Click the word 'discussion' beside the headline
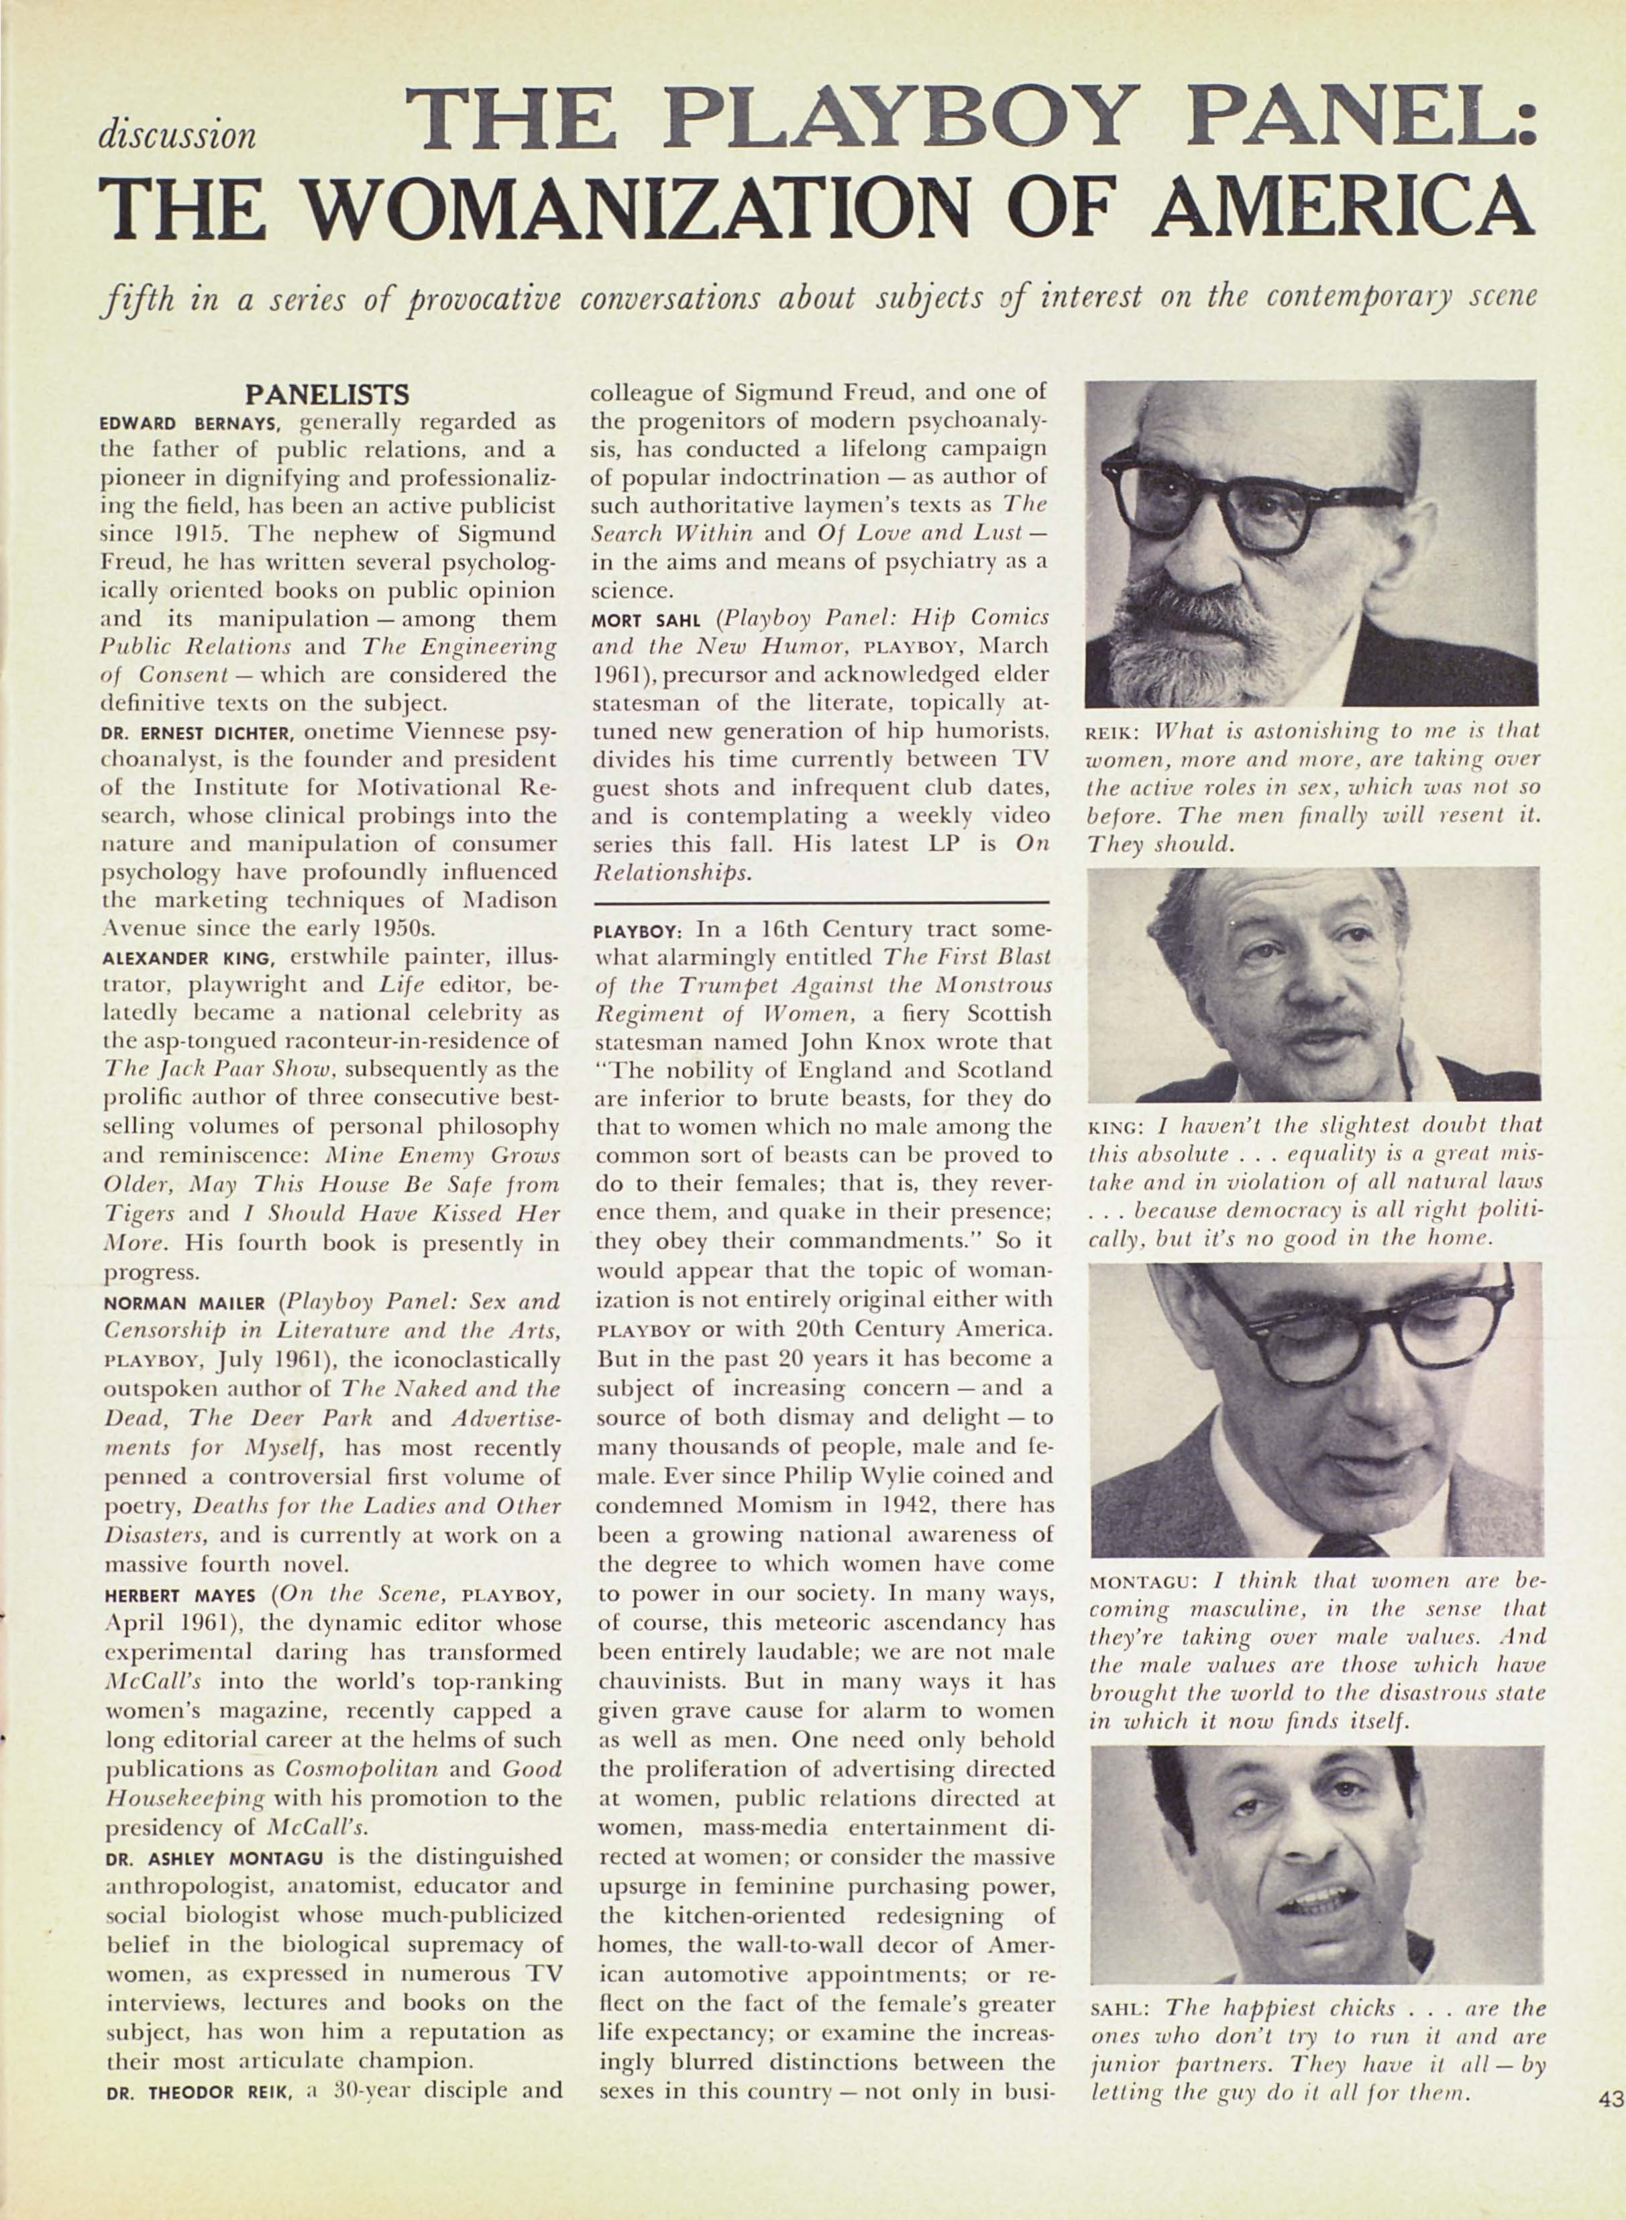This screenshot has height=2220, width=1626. click(177, 135)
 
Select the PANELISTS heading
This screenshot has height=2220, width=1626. click(327, 396)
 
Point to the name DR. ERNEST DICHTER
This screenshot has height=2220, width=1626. click(201, 733)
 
